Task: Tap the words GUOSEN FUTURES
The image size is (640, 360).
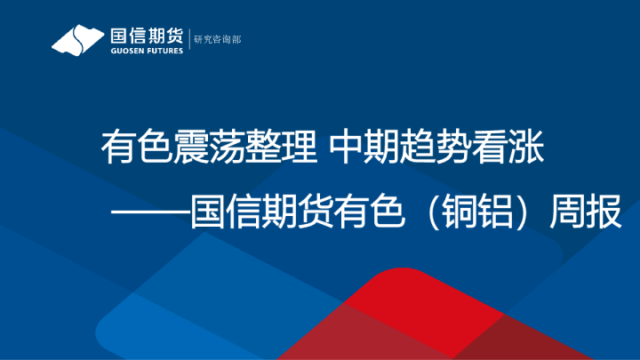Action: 146,51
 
